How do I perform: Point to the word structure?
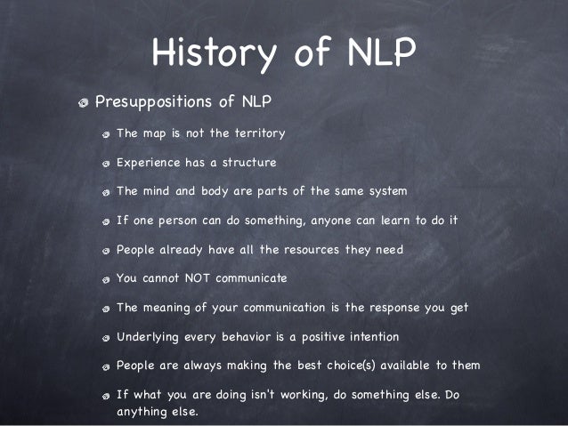245,163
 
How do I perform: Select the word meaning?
167,308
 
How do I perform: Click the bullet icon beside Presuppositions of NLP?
83,103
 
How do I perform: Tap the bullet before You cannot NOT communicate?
106,280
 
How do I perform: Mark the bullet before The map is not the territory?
106,135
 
